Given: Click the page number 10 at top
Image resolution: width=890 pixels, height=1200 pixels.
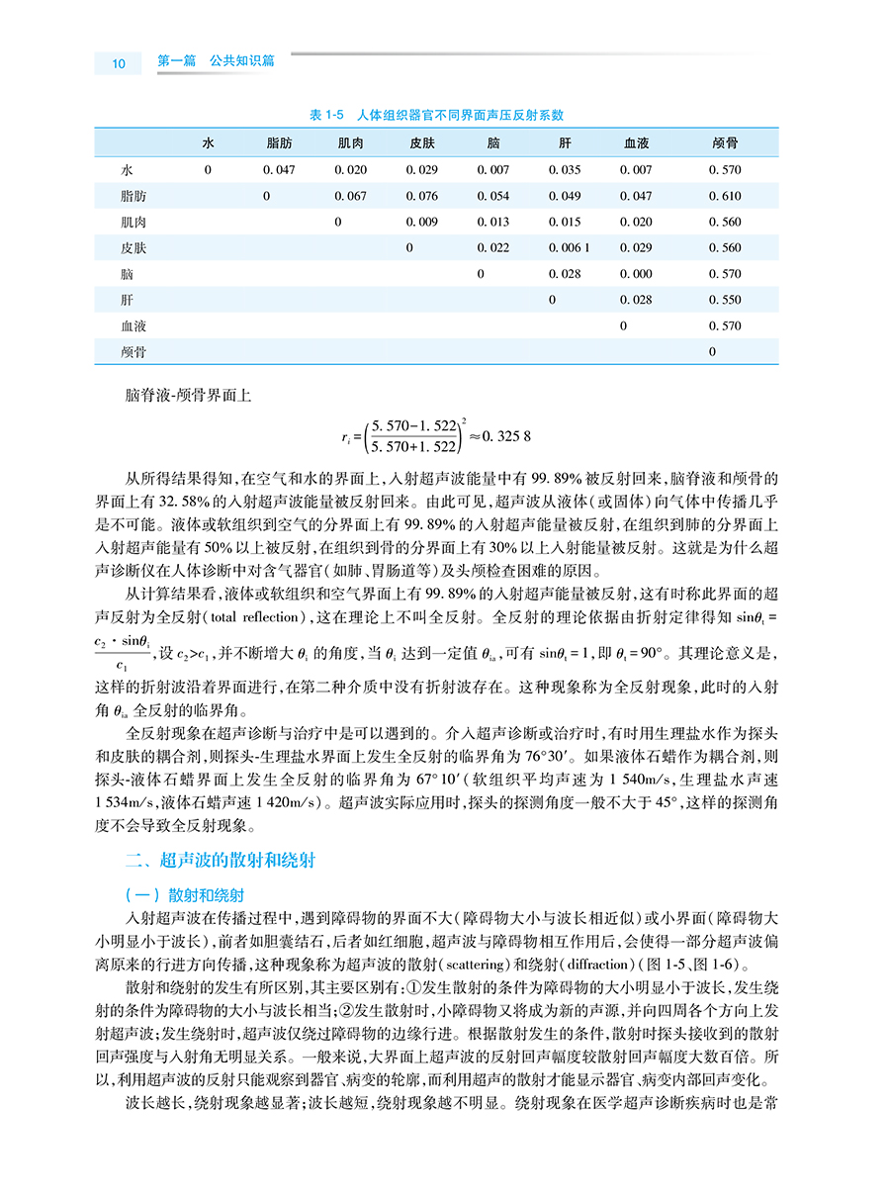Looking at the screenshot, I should click(119, 63).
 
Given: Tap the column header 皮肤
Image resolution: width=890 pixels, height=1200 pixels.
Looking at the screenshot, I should click(422, 143).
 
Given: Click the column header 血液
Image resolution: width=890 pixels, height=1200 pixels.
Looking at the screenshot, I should click(636, 143).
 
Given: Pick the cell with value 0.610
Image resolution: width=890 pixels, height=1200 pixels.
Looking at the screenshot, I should click(726, 196).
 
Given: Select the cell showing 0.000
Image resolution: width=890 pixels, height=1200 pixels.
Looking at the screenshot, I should click(636, 274).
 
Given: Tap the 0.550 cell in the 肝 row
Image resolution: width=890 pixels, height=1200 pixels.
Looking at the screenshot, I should click(726, 300).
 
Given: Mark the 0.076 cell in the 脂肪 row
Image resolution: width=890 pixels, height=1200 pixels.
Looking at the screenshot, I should click(422, 196).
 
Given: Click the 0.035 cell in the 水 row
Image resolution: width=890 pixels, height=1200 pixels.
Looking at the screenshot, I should click(565, 170).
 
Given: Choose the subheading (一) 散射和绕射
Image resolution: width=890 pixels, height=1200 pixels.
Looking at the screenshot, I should click(178, 896).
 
